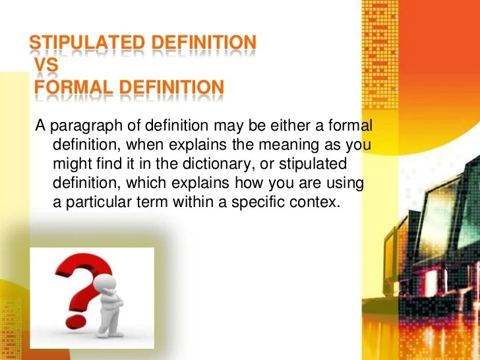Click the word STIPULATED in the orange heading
pos(87,42)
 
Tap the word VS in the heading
pos(46,65)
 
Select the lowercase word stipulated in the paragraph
pos(313,164)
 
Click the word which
pos(146,183)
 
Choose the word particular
pos(99,202)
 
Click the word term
pos(152,202)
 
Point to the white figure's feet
pos(108,334)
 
